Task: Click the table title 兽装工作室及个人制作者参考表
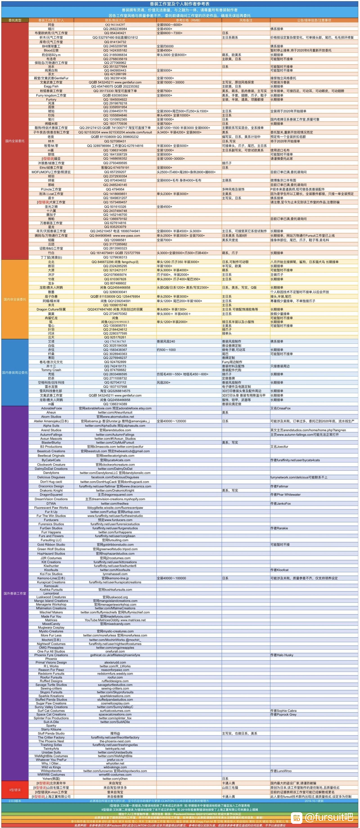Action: [x=180, y=4]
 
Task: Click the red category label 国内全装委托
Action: [x=15, y=141]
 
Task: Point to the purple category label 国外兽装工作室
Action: [x=15, y=593]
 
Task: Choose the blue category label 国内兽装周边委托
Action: [x=15, y=372]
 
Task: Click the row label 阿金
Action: [x=51, y=25]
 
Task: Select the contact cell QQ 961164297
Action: [x=115, y=25]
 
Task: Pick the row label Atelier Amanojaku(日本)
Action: [x=51, y=421]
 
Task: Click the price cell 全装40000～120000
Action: [x=171, y=421]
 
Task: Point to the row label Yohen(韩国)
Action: [x=51, y=779]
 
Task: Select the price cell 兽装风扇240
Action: [x=166, y=341]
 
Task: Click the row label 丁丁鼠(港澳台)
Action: [x=51, y=257]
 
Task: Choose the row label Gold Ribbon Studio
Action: [x=51, y=545]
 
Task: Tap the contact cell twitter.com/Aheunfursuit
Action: [x=115, y=412]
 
